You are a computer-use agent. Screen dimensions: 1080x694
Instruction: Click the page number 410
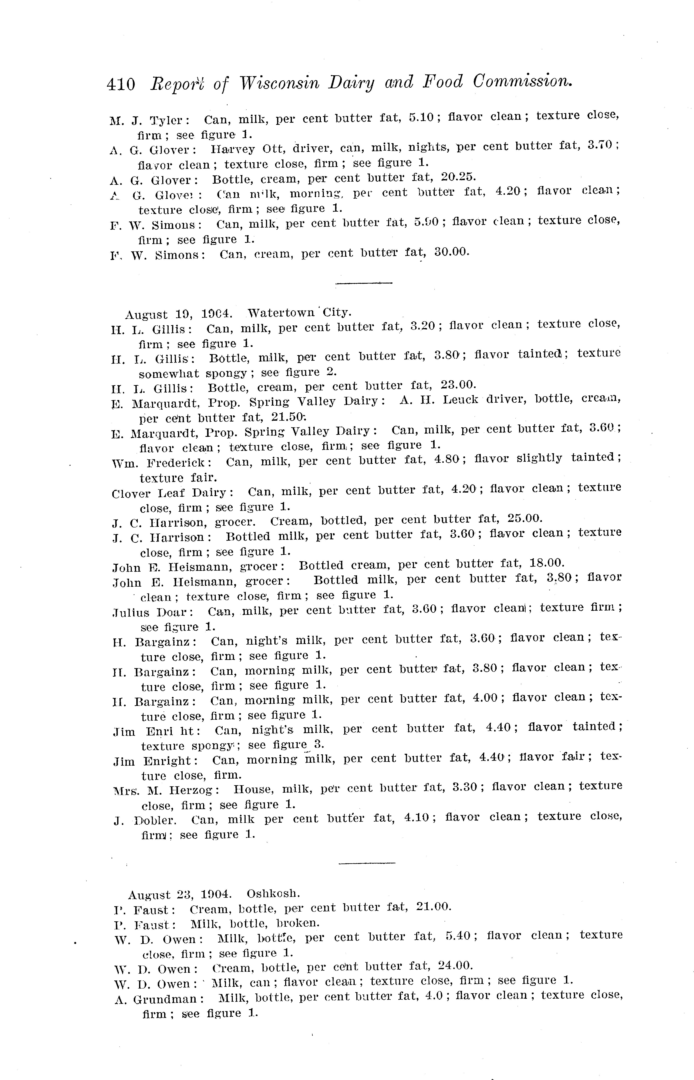tap(121, 84)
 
